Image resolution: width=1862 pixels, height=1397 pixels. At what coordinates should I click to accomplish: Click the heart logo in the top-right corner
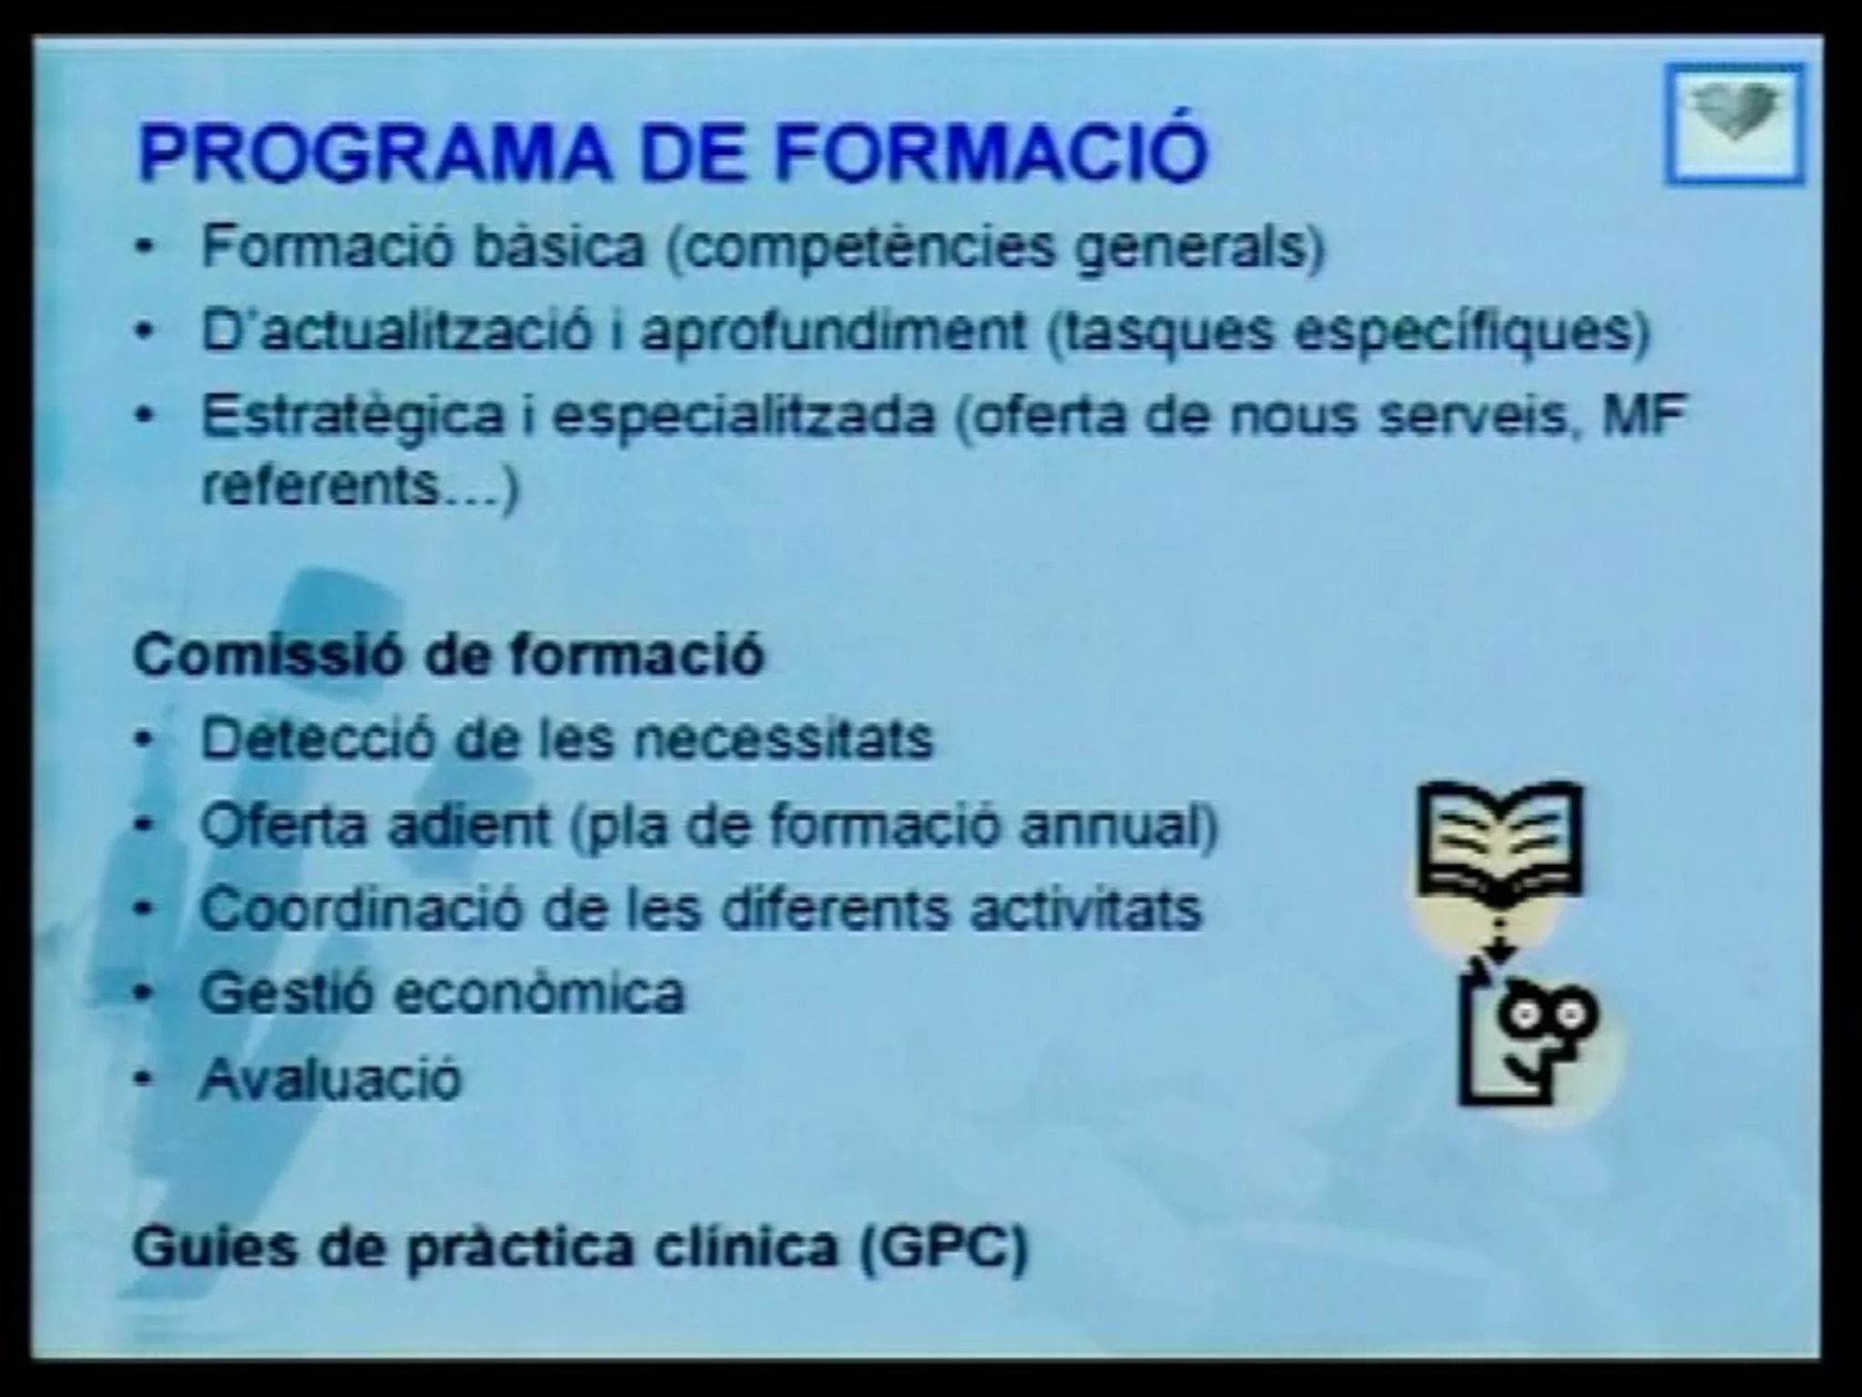pyautogui.click(x=1734, y=122)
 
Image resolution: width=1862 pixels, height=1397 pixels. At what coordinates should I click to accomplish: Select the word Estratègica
pyautogui.click(x=352, y=417)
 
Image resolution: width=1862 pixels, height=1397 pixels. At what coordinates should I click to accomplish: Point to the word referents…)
pyautogui.click(x=360, y=487)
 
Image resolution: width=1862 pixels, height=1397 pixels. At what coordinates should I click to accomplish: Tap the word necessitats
pyautogui.click(x=784, y=738)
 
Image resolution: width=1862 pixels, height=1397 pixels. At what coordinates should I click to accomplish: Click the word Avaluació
pyautogui.click(x=331, y=1079)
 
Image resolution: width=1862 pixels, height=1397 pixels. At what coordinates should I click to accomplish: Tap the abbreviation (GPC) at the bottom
pyautogui.click(x=944, y=1247)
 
